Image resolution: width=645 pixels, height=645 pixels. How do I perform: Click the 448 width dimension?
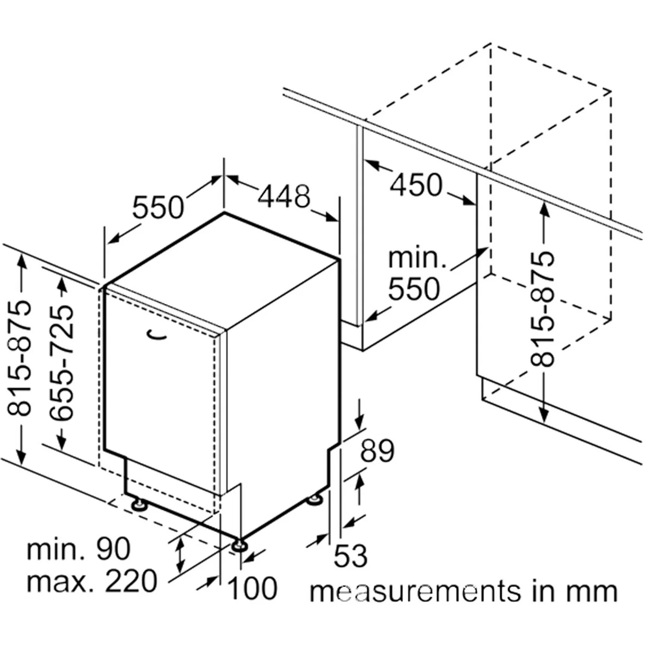coord(284,197)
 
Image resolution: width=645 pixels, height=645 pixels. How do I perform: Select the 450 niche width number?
coord(416,185)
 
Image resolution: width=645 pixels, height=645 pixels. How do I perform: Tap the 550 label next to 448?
coord(158,207)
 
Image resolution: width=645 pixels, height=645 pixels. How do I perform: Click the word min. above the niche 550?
coord(417,258)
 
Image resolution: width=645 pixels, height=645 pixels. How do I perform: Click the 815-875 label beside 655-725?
coord(20,358)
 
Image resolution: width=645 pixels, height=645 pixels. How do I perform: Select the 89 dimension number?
coord(377,451)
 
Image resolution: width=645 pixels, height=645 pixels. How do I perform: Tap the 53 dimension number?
coord(350,556)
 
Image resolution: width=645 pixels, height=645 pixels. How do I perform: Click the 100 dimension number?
coord(252,588)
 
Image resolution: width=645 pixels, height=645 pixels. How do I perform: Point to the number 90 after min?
coord(113,549)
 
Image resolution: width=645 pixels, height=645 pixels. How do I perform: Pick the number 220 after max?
coord(131,581)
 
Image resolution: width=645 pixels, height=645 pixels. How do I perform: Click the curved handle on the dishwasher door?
coord(157,335)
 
